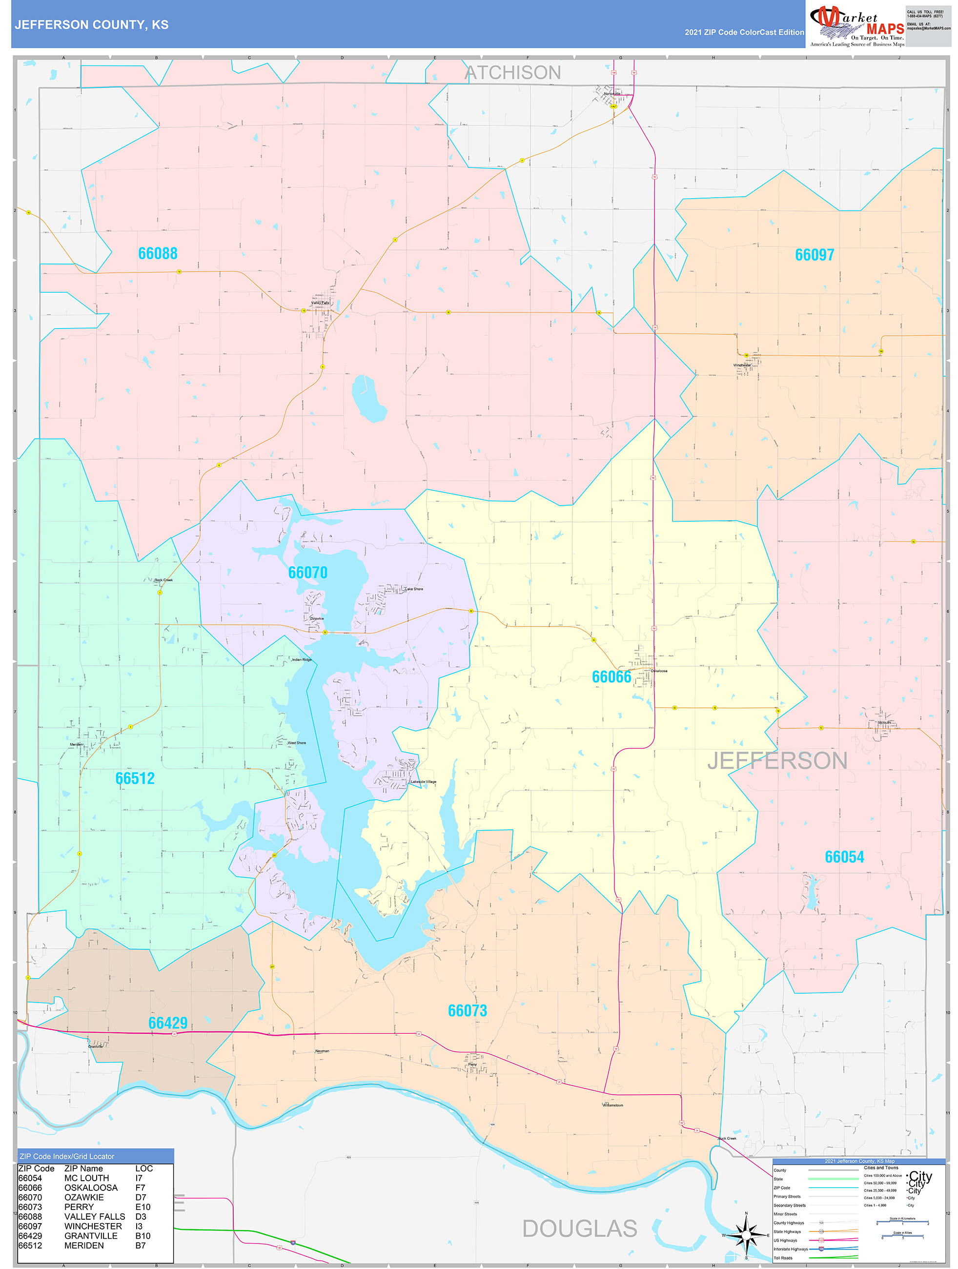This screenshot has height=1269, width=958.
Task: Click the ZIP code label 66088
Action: pyautogui.click(x=158, y=254)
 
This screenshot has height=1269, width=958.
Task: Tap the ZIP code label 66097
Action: pyautogui.click(x=814, y=255)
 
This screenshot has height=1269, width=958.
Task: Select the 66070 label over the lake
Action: pyautogui.click(x=307, y=573)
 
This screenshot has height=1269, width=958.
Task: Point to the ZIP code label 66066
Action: pyautogui.click(x=611, y=677)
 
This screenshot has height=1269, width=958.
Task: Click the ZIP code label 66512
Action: pyautogui.click(x=135, y=778)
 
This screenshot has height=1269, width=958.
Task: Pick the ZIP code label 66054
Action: pyautogui.click(x=844, y=857)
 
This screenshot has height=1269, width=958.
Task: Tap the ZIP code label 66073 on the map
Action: pyautogui.click(x=467, y=1011)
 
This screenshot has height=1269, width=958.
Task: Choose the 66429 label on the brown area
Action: pyautogui.click(x=167, y=1023)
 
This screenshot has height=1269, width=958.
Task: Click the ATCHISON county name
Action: pyautogui.click(x=512, y=73)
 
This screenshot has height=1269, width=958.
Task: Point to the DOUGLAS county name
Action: pyautogui.click(x=579, y=1229)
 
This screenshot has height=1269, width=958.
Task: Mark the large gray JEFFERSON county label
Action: pyautogui.click(x=777, y=761)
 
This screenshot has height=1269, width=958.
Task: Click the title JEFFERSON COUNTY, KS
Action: pyautogui.click(x=92, y=25)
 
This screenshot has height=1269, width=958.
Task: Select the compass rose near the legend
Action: pyautogui.click(x=746, y=1235)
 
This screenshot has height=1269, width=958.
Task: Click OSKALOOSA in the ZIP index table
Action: pyautogui.click(x=91, y=1187)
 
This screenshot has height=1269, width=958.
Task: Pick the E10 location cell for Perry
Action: pyautogui.click(x=143, y=1207)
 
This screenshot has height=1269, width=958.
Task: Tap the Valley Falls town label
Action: pyautogui.click(x=320, y=303)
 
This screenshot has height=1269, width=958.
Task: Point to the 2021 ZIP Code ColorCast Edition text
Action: pyautogui.click(x=744, y=33)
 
